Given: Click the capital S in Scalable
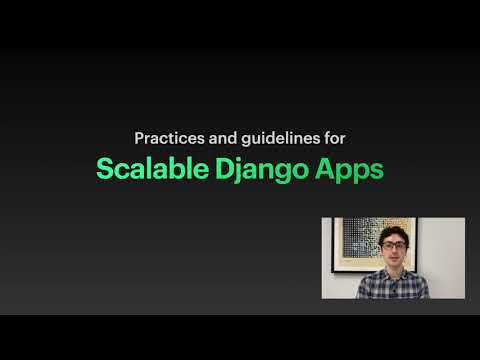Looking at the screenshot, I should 104,168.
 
